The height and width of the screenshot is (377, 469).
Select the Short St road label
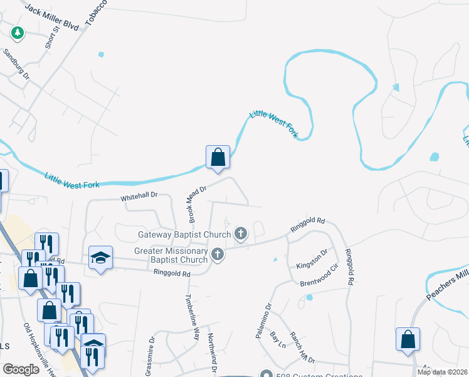point(51,38)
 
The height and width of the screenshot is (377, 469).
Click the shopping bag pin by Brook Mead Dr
point(218,157)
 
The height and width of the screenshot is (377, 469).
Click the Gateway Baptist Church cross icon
point(240,234)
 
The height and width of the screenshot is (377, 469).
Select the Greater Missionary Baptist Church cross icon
point(218,254)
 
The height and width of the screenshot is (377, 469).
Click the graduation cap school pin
point(100,258)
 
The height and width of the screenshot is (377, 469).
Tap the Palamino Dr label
point(262,321)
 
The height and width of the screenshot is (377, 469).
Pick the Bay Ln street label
point(277,341)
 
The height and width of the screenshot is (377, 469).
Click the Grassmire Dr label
point(149,359)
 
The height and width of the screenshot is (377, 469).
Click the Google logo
point(21,369)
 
